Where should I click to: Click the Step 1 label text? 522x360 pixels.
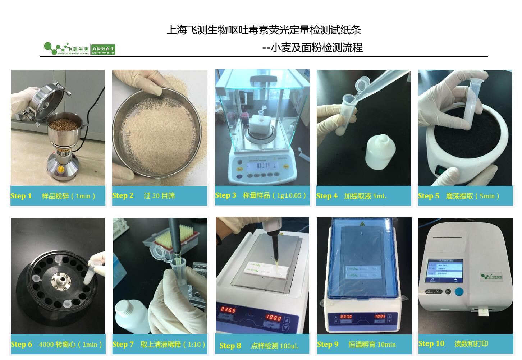point(21,196)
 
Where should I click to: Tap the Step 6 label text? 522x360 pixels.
point(21,345)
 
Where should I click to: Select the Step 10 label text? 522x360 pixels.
point(431,344)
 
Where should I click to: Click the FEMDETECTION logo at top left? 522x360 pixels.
point(67,49)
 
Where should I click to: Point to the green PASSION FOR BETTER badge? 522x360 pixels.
point(103,50)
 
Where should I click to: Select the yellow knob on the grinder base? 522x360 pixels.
point(61,168)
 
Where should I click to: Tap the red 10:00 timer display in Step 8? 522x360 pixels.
point(274,318)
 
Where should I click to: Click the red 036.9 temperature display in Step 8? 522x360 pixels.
point(228,310)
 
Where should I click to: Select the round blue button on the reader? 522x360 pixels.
point(459,291)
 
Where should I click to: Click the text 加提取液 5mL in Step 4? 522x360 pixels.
point(365,196)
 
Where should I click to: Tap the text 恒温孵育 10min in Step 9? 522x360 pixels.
point(372,345)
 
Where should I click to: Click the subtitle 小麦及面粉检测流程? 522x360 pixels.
point(316,48)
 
